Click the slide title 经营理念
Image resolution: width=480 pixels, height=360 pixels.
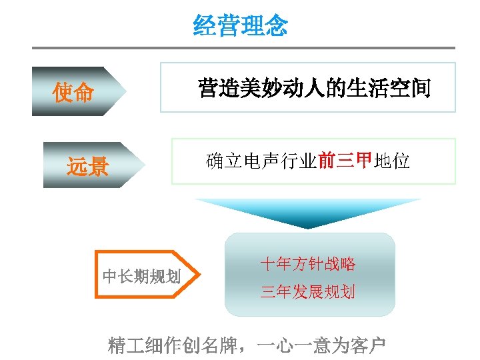[x=240, y=26]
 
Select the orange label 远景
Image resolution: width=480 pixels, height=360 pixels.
[x=87, y=166]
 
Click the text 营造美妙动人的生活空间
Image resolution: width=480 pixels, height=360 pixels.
[x=315, y=87]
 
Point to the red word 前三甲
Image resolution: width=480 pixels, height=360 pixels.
[x=344, y=161]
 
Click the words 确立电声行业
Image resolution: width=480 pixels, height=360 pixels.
[x=261, y=161]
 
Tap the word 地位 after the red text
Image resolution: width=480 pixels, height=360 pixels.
[x=392, y=161]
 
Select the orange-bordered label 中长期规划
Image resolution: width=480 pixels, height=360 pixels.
[x=141, y=275]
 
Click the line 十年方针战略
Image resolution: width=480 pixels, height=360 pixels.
[x=308, y=264]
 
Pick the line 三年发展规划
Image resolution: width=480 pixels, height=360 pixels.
[x=308, y=291]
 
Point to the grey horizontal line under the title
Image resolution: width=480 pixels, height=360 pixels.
[x=243, y=48]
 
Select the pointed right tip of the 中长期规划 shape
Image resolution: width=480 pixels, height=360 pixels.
[x=196, y=273]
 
